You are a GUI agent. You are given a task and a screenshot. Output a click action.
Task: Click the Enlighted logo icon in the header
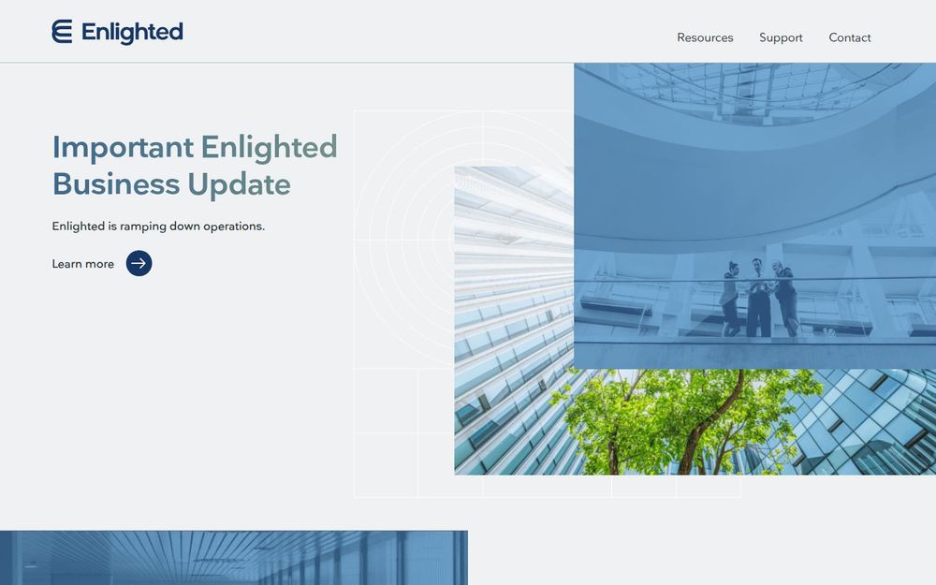[62, 32]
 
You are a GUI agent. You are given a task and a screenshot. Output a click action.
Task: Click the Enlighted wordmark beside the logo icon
[132, 33]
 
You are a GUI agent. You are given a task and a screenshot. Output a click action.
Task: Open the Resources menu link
[705, 38]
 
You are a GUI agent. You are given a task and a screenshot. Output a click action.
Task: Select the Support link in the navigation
[781, 38]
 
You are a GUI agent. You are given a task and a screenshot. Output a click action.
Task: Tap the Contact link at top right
[850, 38]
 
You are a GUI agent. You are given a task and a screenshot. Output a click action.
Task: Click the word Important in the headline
[123, 148]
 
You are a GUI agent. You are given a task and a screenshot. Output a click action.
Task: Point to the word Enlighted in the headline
[269, 148]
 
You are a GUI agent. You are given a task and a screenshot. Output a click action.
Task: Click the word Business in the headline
[115, 184]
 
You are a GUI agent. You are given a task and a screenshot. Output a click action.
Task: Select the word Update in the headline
[239, 185]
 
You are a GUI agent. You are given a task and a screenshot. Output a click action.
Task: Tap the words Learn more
[82, 264]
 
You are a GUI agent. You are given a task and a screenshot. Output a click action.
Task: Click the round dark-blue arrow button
[139, 264]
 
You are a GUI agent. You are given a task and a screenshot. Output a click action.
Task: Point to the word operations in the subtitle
[233, 227]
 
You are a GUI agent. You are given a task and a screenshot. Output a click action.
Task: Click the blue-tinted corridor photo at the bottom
[233, 559]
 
